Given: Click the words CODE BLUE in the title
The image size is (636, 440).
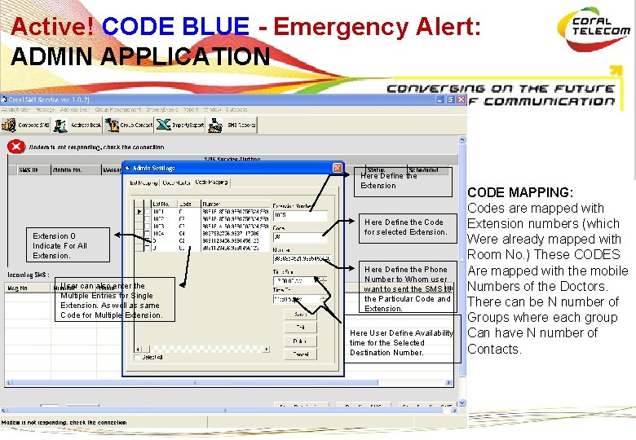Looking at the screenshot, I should point(176,27).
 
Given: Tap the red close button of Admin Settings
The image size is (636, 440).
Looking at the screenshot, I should point(338,168).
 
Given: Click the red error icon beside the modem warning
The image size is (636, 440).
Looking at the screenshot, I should point(15,147).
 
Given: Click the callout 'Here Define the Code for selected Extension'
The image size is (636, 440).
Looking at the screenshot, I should point(405,227).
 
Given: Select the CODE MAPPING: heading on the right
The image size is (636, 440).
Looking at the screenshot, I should point(520,192).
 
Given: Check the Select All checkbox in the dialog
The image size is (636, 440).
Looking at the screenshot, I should point(136,357).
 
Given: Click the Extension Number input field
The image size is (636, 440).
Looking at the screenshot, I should point(299,216).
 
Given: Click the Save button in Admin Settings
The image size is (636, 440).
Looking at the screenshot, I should point(300,314).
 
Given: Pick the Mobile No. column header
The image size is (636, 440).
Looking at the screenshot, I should point(67,170).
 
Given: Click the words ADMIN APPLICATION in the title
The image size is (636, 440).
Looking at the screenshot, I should point(140,56).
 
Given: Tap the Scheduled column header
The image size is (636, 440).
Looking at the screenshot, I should point(423,170).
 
